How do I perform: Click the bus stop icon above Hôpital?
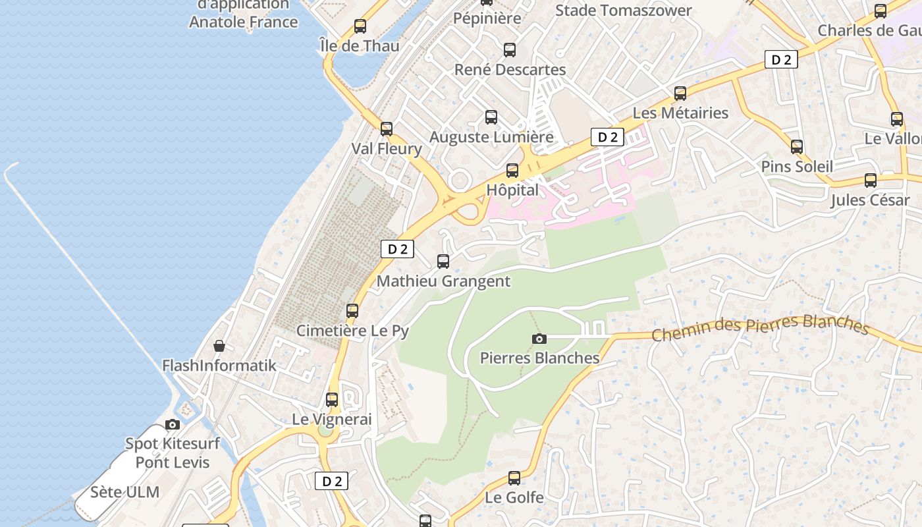pyautogui.click(x=512, y=171)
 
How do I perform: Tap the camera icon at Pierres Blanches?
pyautogui.click(x=539, y=339)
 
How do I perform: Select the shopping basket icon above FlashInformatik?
pyautogui.click(x=219, y=346)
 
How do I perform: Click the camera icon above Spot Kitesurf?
pyautogui.click(x=173, y=425)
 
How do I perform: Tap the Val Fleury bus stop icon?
pyautogui.click(x=387, y=129)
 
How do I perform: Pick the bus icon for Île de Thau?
pyautogui.click(x=360, y=26)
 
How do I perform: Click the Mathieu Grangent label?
pyautogui.click(x=443, y=281)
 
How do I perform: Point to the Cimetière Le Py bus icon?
pyautogui.click(x=352, y=311)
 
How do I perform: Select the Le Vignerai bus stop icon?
pyautogui.click(x=332, y=400)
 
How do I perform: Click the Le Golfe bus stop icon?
pyautogui.click(x=514, y=478)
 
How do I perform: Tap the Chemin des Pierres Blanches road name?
pyautogui.click(x=761, y=327)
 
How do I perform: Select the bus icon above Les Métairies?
pyautogui.click(x=680, y=94)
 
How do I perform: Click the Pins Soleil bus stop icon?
pyautogui.click(x=797, y=147)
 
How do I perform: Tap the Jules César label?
pyautogui.click(x=869, y=200)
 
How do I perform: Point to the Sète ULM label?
pyautogui.click(x=124, y=492)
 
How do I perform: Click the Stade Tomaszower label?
pyautogui.click(x=623, y=11)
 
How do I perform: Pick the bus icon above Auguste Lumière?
pyautogui.click(x=491, y=117)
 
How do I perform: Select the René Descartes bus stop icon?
pyautogui.click(x=510, y=50)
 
